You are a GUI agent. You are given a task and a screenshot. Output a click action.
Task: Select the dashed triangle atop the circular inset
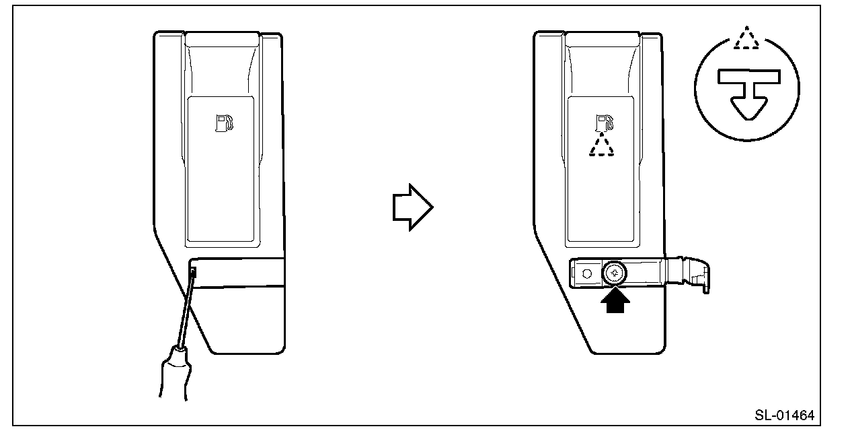tap(746, 39)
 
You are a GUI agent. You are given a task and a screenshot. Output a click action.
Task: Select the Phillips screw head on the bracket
tap(615, 273)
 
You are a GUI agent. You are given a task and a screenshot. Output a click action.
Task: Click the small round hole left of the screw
tap(586, 273)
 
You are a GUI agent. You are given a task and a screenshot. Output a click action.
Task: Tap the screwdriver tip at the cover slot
tap(194, 273)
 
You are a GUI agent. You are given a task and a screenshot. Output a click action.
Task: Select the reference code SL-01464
tap(783, 415)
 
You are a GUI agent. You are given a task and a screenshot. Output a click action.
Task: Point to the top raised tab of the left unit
tap(223, 39)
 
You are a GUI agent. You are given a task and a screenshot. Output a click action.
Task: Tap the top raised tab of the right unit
tap(603, 39)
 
